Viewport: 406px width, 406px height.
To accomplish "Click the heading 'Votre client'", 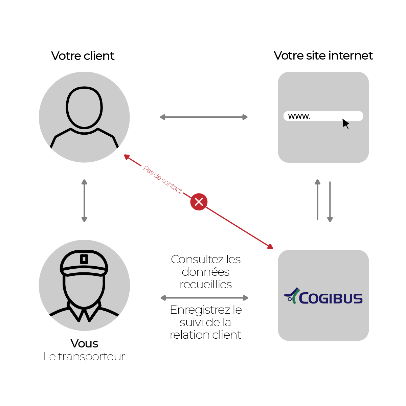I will pyautogui.click(x=83, y=56).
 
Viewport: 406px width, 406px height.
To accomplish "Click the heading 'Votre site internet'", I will pyautogui.click(x=323, y=55).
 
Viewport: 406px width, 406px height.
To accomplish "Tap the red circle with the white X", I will pyautogui.click(x=199, y=202).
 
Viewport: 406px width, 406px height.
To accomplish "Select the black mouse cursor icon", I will pyautogui.click(x=345, y=123).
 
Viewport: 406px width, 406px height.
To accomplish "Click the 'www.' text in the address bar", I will pyautogui.click(x=299, y=116).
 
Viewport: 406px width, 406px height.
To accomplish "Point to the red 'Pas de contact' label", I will pyautogui.click(x=163, y=179).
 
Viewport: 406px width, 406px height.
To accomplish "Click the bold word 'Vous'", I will pyautogui.click(x=84, y=343).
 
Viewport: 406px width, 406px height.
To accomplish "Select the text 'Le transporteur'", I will pyautogui.click(x=84, y=357).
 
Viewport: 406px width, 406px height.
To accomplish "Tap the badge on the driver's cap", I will pyautogui.click(x=84, y=259).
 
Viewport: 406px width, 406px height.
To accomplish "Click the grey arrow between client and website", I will pyautogui.click(x=204, y=117).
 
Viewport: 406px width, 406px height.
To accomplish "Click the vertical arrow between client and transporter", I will pyautogui.click(x=84, y=200).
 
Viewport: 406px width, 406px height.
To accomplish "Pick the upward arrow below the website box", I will pyautogui.click(x=317, y=200).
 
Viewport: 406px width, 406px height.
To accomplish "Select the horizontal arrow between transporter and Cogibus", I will pyautogui.click(x=204, y=298).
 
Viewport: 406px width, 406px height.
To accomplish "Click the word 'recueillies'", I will pyautogui.click(x=206, y=285).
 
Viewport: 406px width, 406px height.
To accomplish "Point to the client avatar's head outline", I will pyautogui.click(x=84, y=108).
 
